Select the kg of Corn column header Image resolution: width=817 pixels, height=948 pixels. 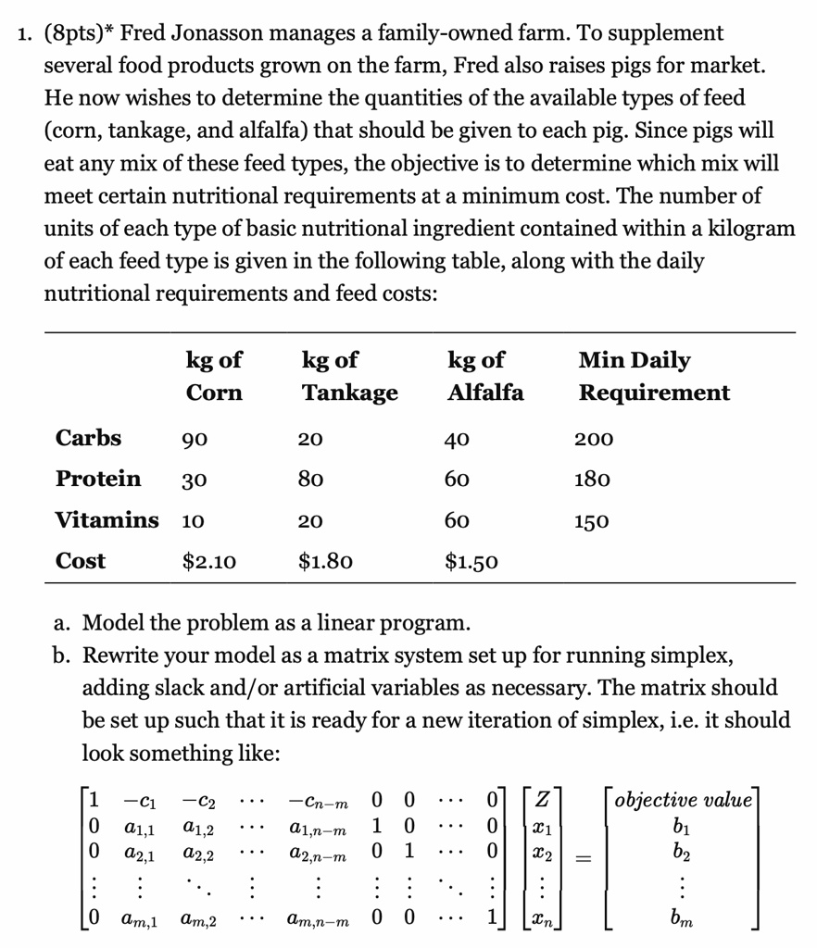tap(214, 376)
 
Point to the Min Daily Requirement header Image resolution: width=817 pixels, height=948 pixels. tap(654, 376)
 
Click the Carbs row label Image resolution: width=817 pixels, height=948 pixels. tap(88, 437)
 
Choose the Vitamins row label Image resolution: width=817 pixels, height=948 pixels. tap(107, 519)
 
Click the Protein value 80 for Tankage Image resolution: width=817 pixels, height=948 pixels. tap(311, 480)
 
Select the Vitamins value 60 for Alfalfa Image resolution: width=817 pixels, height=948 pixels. tap(457, 520)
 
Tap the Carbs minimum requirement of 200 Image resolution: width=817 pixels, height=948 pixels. tap(594, 438)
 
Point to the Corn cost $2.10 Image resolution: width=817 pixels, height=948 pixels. tap(210, 561)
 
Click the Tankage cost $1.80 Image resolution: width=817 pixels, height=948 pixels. tap(325, 561)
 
